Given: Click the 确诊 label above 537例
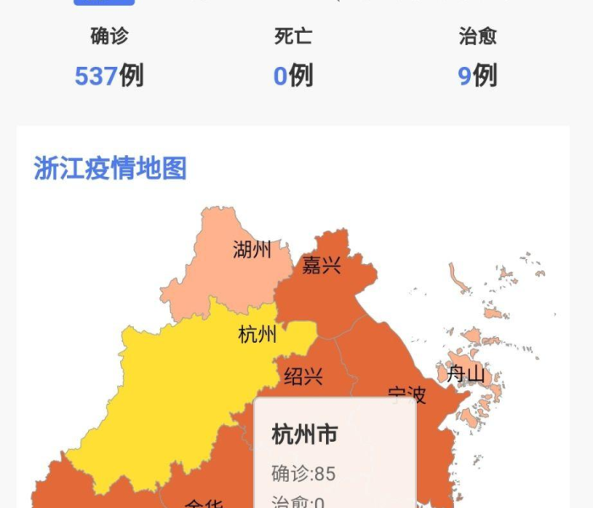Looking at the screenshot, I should pyautogui.click(x=109, y=36).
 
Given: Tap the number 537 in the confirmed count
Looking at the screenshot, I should pyautogui.click(x=96, y=76).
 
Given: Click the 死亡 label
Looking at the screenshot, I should pyautogui.click(x=293, y=36).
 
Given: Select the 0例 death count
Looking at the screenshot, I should pyautogui.click(x=293, y=76).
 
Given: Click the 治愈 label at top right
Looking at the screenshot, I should pyautogui.click(x=478, y=36).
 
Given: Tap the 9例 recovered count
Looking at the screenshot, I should pyautogui.click(x=478, y=76).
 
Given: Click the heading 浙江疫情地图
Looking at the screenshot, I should pyautogui.click(x=110, y=168).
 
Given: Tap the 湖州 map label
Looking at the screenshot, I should pyautogui.click(x=252, y=250).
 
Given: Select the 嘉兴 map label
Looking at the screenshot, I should pyautogui.click(x=321, y=265).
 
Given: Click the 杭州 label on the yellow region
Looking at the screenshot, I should pyautogui.click(x=258, y=334).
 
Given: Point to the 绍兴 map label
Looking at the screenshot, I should pyautogui.click(x=303, y=376).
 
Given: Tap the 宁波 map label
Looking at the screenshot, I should pyautogui.click(x=407, y=395).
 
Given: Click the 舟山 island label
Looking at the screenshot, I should pyautogui.click(x=466, y=373).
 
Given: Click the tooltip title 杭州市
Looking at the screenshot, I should pyautogui.click(x=304, y=435).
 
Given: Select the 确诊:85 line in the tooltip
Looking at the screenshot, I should pyautogui.click(x=303, y=472).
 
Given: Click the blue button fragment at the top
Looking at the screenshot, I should pyautogui.click(x=103, y=3).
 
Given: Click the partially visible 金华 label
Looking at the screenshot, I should pyautogui.click(x=203, y=503).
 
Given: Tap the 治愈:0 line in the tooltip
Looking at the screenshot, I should pyautogui.click(x=298, y=502).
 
